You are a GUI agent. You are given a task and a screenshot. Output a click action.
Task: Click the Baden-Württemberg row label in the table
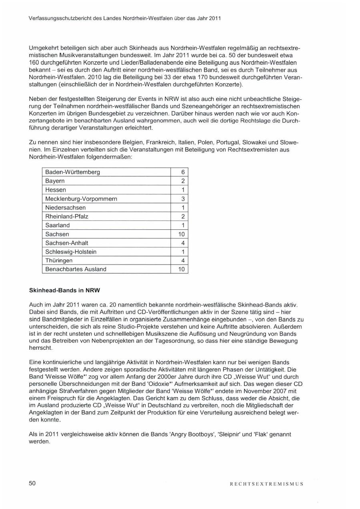(x=72, y=172)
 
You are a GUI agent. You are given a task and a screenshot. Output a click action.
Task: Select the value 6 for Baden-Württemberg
(x=182, y=172)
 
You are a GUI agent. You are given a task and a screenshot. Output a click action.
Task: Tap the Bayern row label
(x=55, y=181)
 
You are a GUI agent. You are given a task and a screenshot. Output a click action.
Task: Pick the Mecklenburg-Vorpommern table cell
(x=81, y=199)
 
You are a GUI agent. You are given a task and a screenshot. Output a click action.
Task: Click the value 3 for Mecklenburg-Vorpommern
(x=182, y=199)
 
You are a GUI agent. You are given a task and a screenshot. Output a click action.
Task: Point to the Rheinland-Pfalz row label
(x=67, y=216)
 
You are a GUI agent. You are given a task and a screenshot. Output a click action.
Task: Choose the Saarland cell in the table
(x=57, y=225)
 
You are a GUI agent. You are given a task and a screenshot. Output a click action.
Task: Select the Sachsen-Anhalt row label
(x=67, y=243)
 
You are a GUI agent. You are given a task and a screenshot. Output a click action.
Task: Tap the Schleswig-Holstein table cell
(x=71, y=252)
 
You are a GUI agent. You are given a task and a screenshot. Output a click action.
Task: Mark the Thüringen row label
(x=59, y=261)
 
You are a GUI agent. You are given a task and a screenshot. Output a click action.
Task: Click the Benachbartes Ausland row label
(x=76, y=269)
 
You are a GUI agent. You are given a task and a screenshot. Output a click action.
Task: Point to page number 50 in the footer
(x=32, y=483)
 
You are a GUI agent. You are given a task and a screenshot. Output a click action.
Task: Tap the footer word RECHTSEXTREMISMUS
(x=266, y=484)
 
